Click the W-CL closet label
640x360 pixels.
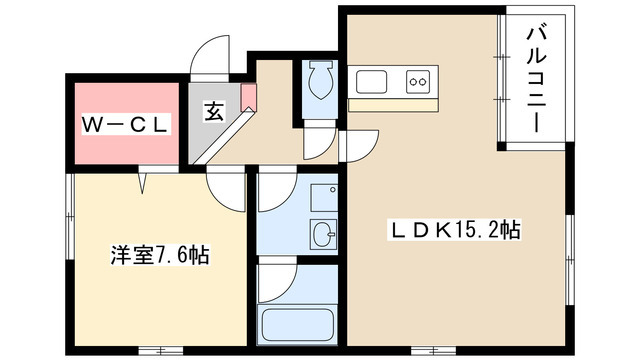pos(126,124)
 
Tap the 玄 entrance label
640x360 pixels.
pos(214,111)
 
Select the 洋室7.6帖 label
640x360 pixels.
pos(160,255)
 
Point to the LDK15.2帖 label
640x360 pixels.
pos(454,230)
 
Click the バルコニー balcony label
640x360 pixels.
pos(536,79)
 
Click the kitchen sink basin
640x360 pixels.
pos(371,82)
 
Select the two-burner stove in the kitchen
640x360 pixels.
pos(418,82)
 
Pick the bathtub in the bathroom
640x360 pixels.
pos(297,324)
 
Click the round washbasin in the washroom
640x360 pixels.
pos(323,234)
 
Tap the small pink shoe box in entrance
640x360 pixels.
pos(248,98)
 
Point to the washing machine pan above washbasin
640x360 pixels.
pos(324,198)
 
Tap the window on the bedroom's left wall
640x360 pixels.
pos(70,216)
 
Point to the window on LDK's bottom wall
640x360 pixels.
pos(433,350)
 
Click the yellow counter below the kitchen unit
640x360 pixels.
pos(393,105)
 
